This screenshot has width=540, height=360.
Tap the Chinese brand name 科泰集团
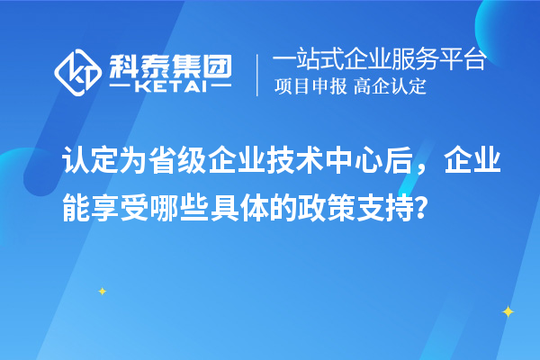point(169,63)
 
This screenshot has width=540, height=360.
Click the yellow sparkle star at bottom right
point(508,311)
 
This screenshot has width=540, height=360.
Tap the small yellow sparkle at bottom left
point(102,291)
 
